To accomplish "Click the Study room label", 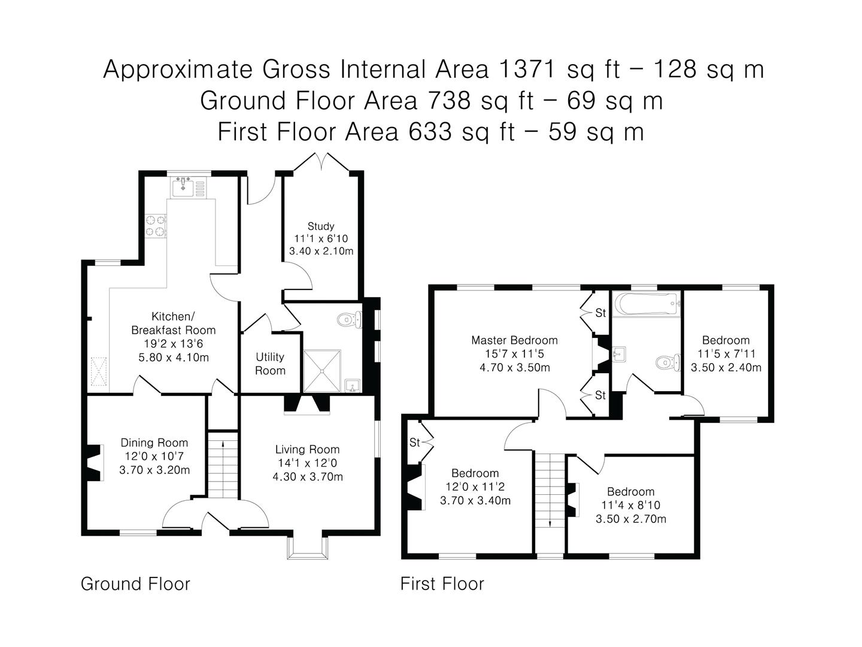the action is pos(321,226).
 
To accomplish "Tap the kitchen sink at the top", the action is pos(183,186).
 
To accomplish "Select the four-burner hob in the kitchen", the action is pos(156,226).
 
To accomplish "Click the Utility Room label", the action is pos(270,364).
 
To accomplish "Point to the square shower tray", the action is pos(322,370).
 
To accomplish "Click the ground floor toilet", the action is pos(350,319).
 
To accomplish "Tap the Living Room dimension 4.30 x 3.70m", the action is pos(308,477).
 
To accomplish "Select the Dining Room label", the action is pos(154,443).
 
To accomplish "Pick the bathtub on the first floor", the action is pos(647,304).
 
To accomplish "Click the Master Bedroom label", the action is pos(514,340).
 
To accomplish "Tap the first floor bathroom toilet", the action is pos(668,362).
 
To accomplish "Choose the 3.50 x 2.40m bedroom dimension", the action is pos(726,368).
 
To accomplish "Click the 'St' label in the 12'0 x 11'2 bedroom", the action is pos(415,443).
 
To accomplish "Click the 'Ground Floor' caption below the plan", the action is pos(135,584).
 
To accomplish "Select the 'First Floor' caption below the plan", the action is pos(442,584).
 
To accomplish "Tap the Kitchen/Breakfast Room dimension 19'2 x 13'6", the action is pos(174,344).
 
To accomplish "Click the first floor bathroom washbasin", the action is pos(619,354).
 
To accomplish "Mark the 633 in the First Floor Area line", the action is pos(430,132).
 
